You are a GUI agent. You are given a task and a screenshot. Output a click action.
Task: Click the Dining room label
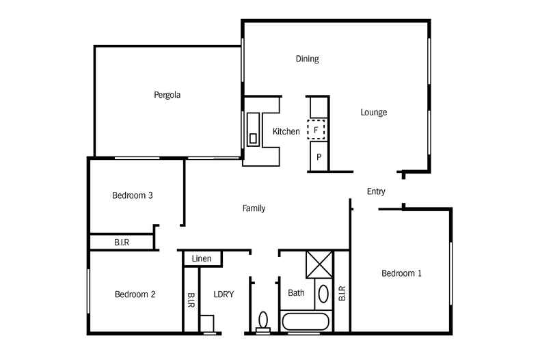coord(307,59)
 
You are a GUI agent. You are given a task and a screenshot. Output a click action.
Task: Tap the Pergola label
coord(167,95)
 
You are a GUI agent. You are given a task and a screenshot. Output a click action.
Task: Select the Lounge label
coord(374,113)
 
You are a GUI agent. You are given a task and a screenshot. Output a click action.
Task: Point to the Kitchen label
coord(286,131)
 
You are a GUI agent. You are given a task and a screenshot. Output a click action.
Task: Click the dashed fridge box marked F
coord(316,129)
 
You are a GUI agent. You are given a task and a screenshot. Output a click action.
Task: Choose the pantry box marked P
coord(319,158)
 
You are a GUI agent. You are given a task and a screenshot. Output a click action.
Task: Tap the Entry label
coord(376,192)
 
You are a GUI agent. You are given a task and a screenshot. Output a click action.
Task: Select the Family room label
coord(254,208)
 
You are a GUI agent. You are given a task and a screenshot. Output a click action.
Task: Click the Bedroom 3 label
coord(132,195)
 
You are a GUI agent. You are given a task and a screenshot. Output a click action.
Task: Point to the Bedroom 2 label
coord(135,294)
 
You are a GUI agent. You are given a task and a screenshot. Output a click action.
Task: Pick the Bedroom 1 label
coord(401,273)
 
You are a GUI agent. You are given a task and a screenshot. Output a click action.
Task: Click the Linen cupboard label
coord(202,259)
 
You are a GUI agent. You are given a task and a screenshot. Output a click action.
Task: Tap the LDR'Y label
coord(224,294)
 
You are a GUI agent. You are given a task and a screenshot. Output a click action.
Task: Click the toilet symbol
coord(262,321)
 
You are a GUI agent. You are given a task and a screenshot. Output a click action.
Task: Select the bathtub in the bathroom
coord(306,322)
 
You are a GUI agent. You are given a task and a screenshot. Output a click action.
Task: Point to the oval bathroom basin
coord(323,294)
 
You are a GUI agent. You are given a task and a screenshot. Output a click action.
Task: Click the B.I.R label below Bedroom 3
coord(122,243)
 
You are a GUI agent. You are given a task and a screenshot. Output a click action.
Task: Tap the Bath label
coord(296,293)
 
